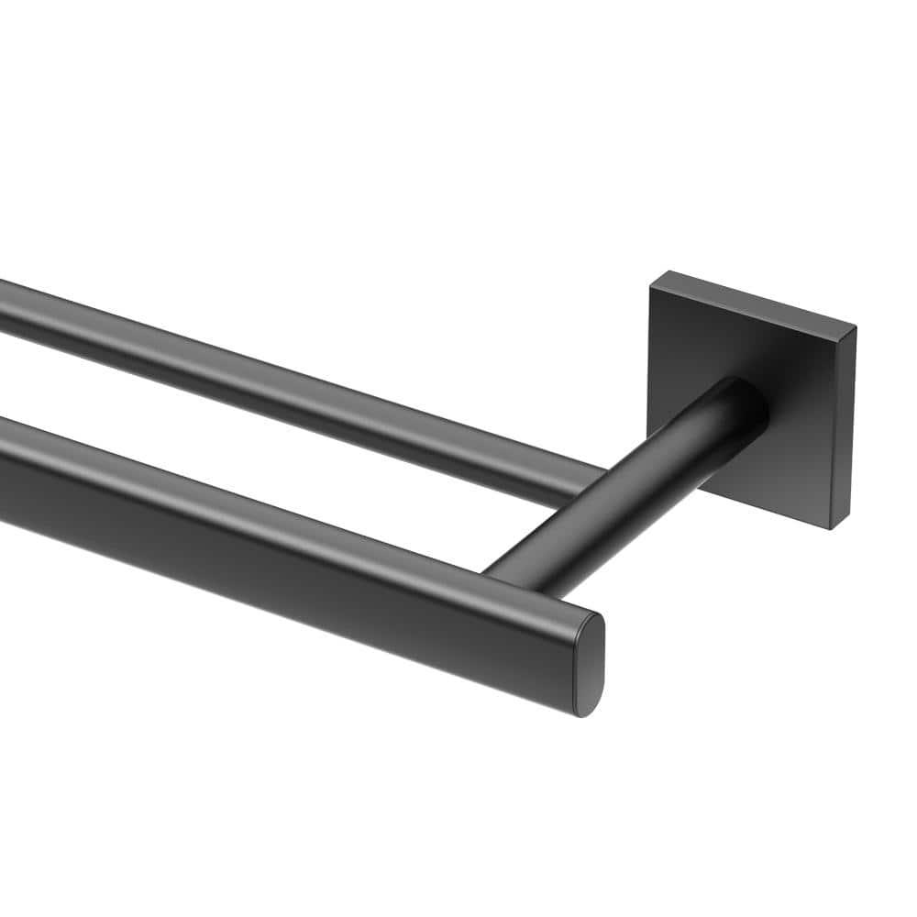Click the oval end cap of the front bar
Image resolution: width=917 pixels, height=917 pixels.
pyautogui.click(x=589, y=665)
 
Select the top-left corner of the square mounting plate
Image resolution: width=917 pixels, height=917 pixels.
pyautogui.click(x=651, y=286)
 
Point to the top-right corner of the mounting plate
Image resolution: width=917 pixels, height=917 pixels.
pyautogui.click(x=855, y=328)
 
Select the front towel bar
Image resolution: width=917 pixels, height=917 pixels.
pyautogui.click(x=275, y=541)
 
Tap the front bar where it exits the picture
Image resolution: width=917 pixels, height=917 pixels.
pyautogui.click(x=5, y=468)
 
